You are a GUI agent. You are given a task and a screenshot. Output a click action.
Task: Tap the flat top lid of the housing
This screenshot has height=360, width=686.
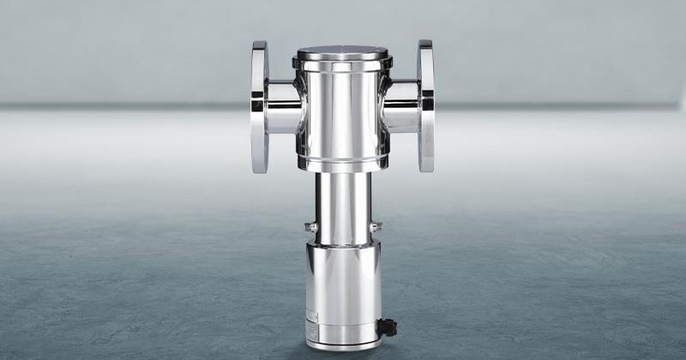tap(342, 52)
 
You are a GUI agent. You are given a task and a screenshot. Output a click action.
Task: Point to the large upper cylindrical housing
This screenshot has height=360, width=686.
tap(342, 111)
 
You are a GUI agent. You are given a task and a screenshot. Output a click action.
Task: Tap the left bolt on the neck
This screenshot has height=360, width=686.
tap(310, 227)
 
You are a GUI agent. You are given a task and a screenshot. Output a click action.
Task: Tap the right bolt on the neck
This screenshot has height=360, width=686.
tap(376, 227)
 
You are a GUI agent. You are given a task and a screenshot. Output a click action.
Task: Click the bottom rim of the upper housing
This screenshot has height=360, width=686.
tap(342, 165)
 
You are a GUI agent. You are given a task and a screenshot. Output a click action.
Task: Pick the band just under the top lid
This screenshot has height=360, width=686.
tap(342, 63)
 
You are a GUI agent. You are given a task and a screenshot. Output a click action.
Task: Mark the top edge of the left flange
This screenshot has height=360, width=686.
tap(260, 45)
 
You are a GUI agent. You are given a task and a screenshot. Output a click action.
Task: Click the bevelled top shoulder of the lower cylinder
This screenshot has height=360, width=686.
tap(342, 245)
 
